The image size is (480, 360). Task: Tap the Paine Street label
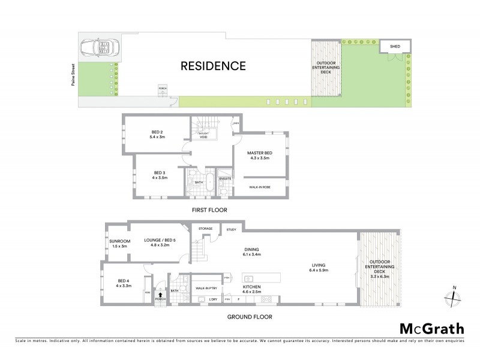pyautogui.click(x=70, y=77)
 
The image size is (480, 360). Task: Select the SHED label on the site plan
pyautogui.click(x=395, y=46)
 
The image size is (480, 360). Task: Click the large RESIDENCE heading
pyautogui.click(x=213, y=66)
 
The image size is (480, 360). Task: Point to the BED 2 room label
pyautogui.click(x=157, y=134)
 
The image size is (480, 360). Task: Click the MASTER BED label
pyautogui.click(x=260, y=155)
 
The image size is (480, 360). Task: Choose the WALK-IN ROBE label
pyautogui.click(x=259, y=187)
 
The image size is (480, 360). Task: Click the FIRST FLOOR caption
pyautogui.click(x=209, y=210)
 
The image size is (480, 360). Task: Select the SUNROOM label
pyautogui.click(x=120, y=243)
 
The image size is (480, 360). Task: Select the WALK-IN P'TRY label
pyautogui.click(x=206, y=289)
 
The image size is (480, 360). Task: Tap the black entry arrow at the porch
pyautogui.click(x=159, y=293)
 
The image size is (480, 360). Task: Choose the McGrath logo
pyautogui.click(x=432, y=328)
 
